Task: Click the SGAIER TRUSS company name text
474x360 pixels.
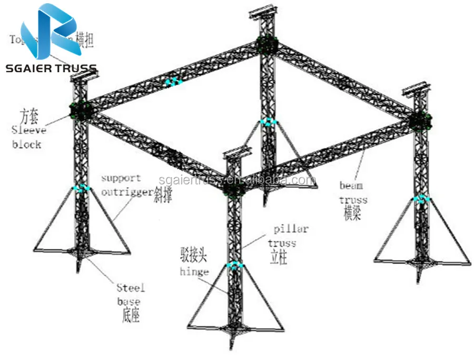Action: [x=50, y=68]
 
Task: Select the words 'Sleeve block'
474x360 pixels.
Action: [x=29, y=137]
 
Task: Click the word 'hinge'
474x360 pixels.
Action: [x=194, y=272]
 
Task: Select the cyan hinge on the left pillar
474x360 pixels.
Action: [x=81, y=188]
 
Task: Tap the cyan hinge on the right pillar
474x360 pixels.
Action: [x=421, y=199]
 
